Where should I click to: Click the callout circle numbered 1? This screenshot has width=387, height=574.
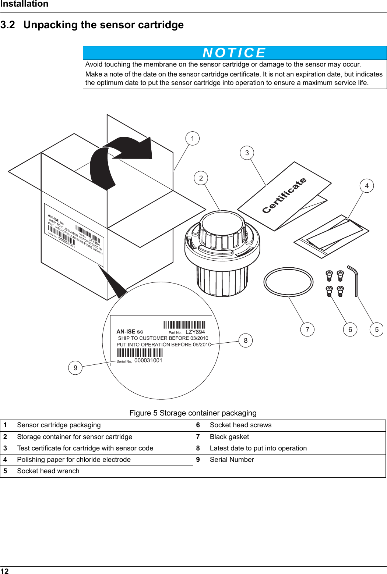[x=192, y=139]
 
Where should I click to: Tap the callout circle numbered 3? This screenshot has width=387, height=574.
[x=247, y=153]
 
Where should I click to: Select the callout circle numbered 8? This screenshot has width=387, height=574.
[x=246, y=340]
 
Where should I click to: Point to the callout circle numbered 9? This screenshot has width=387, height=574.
[x=75, y=368]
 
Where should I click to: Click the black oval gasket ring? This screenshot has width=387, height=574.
[x=288, y=282]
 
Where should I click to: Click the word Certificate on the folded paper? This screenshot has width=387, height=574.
[x=284, y=195]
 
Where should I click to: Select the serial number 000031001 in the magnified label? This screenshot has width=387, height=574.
[x=148, y=360]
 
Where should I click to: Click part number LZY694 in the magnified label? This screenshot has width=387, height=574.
[x=195, y=332]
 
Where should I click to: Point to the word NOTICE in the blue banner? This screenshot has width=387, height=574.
[x=234, y=53]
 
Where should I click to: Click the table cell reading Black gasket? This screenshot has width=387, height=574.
[x=229, y=437]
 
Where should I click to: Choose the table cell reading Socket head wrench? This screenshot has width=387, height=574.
[x=48, y=471]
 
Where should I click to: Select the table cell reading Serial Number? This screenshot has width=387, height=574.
[x=232, y=460]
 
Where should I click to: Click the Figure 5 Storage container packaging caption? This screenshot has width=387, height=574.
[x=193, y=413]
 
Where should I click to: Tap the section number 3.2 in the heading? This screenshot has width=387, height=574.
[x=8, y=25]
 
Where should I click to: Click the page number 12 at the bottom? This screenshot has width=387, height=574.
[x=4, y=571]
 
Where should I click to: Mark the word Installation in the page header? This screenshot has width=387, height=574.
[x=24, y=4]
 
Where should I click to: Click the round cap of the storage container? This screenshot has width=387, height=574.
[x=222, y=224]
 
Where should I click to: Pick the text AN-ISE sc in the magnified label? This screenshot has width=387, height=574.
[x=130, y=332]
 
